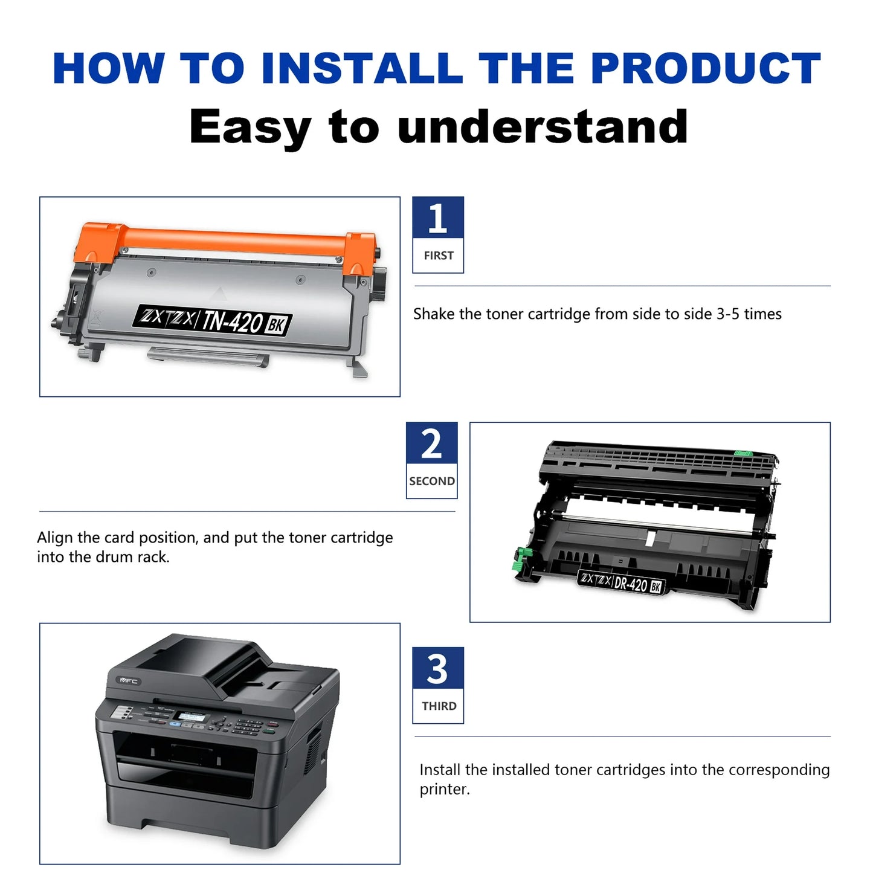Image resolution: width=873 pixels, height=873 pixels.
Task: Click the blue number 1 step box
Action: [x=437, y=218]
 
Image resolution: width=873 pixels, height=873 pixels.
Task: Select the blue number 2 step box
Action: [x=431, y=443]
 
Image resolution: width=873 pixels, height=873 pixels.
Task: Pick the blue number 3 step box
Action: [x=437, y=668]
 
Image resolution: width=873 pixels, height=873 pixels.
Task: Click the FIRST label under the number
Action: [x=438, y=256]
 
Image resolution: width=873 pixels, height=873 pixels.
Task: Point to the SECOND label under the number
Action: [x=431, y=481]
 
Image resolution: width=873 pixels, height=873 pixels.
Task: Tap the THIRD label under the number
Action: [x=439, y=706]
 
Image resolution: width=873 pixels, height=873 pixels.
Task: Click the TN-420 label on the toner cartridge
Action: [x=232, y=321]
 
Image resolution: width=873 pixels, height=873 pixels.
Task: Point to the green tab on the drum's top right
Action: [x=743, y=453]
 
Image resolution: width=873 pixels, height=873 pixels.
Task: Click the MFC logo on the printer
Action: [x=129, y=681]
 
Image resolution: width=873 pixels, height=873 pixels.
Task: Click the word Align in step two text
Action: [x=55, y=538]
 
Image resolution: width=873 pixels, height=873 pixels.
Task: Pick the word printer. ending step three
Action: [x=444, y=790]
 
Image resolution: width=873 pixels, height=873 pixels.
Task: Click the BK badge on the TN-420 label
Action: [x=275, y=325]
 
